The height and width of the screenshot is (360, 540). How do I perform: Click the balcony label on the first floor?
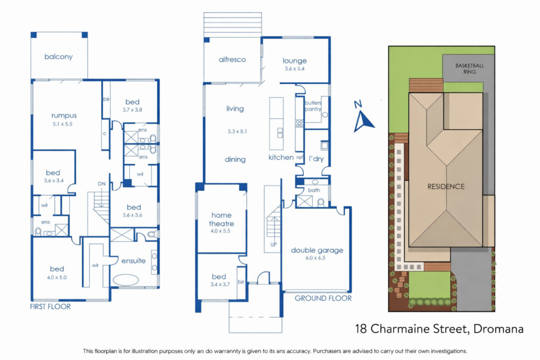click(x=59, y=57)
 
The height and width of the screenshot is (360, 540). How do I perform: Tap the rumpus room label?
click(x=64, y=115)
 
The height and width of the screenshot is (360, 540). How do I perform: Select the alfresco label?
click(x=233, y=60)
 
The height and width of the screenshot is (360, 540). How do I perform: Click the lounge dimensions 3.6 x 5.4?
click(x=294, y=69)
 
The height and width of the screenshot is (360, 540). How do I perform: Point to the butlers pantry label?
click(x=313, y=106)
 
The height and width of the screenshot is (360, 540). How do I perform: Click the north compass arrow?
click(x=363, y=121)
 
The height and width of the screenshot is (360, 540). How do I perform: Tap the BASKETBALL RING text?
click(x=470, y=69)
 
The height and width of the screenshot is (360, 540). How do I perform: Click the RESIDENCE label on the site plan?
click(x=446, y=187)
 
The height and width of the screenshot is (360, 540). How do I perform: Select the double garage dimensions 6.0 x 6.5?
click(x=315, y=258)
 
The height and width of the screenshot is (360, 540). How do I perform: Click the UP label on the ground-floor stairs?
click(x=274, y=245)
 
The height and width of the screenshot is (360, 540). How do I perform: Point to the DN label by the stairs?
click(x=102, y=184)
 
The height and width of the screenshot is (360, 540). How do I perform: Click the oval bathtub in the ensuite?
click(x=126, y=280)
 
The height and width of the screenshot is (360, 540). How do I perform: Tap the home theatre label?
click(x=221, y=219)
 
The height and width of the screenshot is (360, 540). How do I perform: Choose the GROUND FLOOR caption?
click(x=323, y=298)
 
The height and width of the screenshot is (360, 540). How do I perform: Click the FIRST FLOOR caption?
click(x=50, y=307)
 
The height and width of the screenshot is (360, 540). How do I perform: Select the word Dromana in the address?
click(x=498, y=329)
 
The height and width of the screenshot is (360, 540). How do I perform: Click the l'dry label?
click(x=316, y=159)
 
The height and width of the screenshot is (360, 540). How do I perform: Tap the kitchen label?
click(x=281, y=157)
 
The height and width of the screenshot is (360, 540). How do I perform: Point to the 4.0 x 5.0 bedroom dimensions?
click(x=57, y=277)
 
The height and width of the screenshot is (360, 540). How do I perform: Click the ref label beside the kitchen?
click(x=300, y=157)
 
